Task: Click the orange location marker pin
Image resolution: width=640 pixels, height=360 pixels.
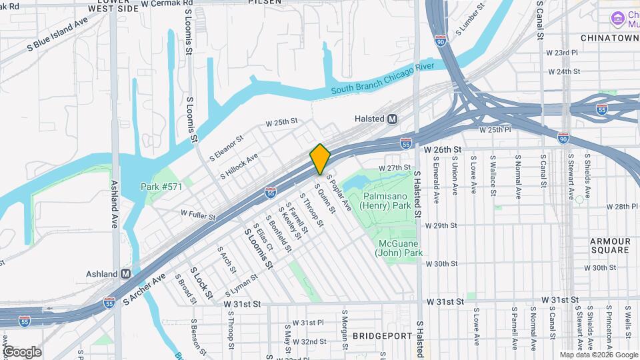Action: coord(321,159)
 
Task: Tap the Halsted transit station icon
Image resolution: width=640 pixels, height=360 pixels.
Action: coord(392,119)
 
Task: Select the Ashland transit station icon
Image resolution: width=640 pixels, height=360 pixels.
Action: coord(126,274)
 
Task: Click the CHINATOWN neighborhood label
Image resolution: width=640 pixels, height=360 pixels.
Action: coord(609,38)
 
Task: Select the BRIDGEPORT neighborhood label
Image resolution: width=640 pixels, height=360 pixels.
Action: coord(383,335)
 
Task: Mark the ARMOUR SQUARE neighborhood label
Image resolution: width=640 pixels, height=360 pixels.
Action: coord(610,245)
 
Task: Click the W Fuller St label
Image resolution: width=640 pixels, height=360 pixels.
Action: coord(199,215)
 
